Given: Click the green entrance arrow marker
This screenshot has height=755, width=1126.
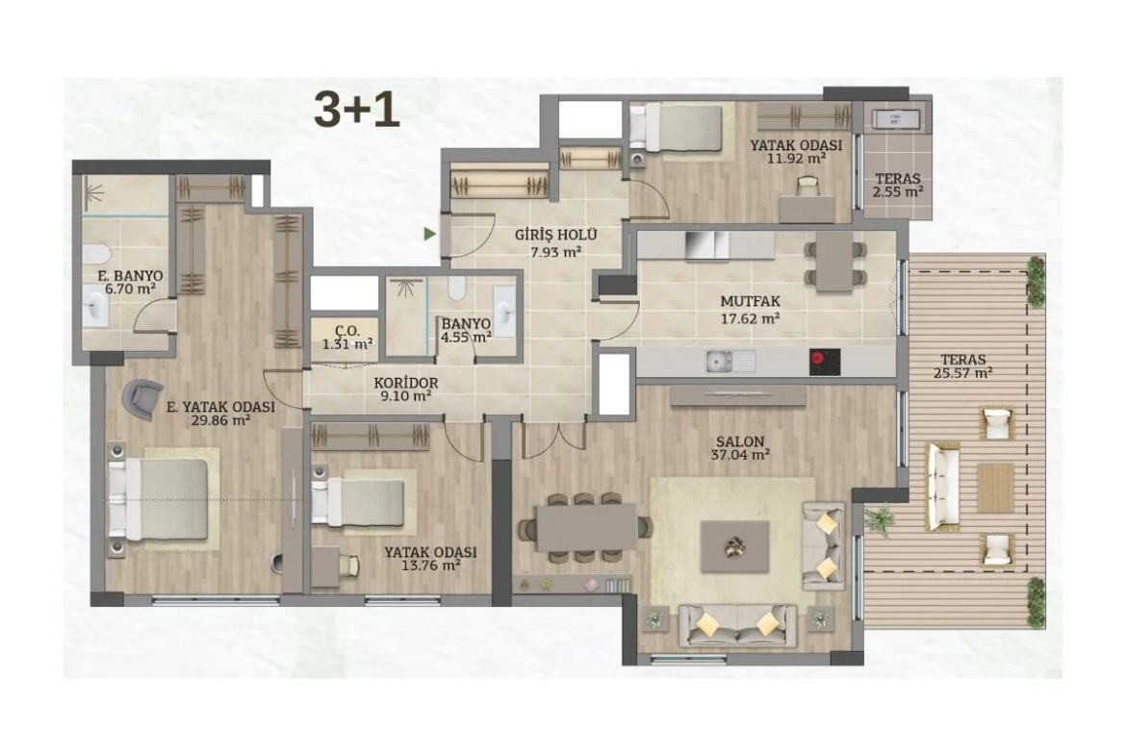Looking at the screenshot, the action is tap(429, 234).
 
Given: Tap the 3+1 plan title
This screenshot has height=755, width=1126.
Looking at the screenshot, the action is tap(356, 110).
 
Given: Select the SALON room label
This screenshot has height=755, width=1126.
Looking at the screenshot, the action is tap(740, 441).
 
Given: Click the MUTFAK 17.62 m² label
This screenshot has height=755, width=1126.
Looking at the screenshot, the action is tap(751, 310).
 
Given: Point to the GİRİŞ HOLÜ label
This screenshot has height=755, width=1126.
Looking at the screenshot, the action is tap(556, 235).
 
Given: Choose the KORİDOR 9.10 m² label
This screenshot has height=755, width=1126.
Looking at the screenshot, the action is tap(406, 389).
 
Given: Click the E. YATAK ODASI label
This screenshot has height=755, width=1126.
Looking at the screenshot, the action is tap(220, 407).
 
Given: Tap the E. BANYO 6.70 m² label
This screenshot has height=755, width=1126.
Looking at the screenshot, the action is tap(130, 282).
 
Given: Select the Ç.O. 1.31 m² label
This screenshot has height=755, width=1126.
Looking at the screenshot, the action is tap(346, 338).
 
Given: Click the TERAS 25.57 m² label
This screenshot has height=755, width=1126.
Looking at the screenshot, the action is tap(963, 366).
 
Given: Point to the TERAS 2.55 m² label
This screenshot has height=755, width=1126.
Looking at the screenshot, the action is tap(898, 186).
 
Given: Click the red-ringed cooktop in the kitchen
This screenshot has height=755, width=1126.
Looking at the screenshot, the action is tap(825, 362).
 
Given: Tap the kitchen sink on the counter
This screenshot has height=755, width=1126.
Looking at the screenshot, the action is tap(729, 361).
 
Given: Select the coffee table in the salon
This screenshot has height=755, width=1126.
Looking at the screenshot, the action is tap(734, 547).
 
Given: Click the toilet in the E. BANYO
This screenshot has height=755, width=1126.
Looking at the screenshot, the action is tap(95, 253).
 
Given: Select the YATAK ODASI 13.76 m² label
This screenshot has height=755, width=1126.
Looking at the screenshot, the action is tap(430, 559).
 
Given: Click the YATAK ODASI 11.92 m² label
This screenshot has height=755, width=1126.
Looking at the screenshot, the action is tap(796, 151).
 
